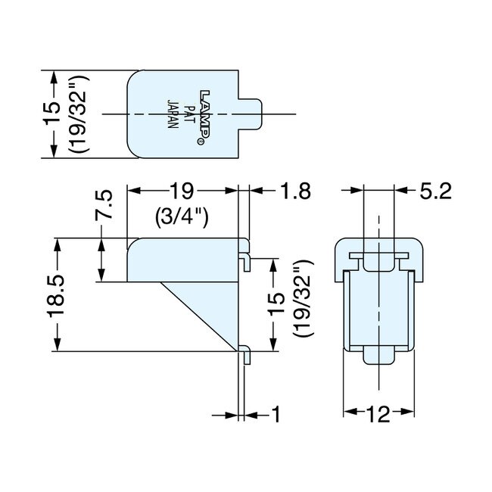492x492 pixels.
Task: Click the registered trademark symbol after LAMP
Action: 201,142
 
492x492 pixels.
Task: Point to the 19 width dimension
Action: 182,192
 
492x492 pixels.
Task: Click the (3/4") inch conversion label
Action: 182,218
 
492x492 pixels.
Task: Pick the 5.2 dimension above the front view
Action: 435,192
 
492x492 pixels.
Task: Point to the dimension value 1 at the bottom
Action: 276,414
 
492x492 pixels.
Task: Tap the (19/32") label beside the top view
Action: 77,114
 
